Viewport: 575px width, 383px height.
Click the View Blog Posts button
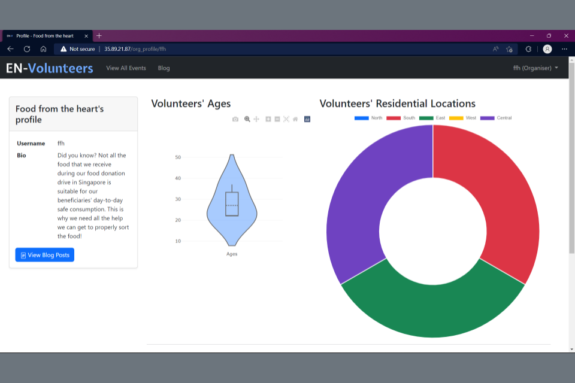(45, 255)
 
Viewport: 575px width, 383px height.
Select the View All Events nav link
(126, 68)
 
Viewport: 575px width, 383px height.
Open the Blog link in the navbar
(164, 68)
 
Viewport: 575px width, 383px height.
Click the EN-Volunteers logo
(50, 68)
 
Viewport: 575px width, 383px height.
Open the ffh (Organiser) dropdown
(535, 68)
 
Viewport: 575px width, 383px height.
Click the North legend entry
(368, 118)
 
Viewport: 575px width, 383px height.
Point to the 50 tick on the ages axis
(178, 157)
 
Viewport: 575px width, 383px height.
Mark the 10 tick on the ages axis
(178, 241)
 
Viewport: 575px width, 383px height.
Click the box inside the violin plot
(232, 203)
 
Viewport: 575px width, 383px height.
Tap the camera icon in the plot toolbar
(235, 119)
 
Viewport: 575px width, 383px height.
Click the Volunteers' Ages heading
(190, 104)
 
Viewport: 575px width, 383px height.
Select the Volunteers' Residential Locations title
(397, 104)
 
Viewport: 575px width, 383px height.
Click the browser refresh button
(27, 49)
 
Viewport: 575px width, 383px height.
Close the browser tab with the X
(86, 36)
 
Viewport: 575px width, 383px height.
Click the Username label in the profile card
(31, 144)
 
